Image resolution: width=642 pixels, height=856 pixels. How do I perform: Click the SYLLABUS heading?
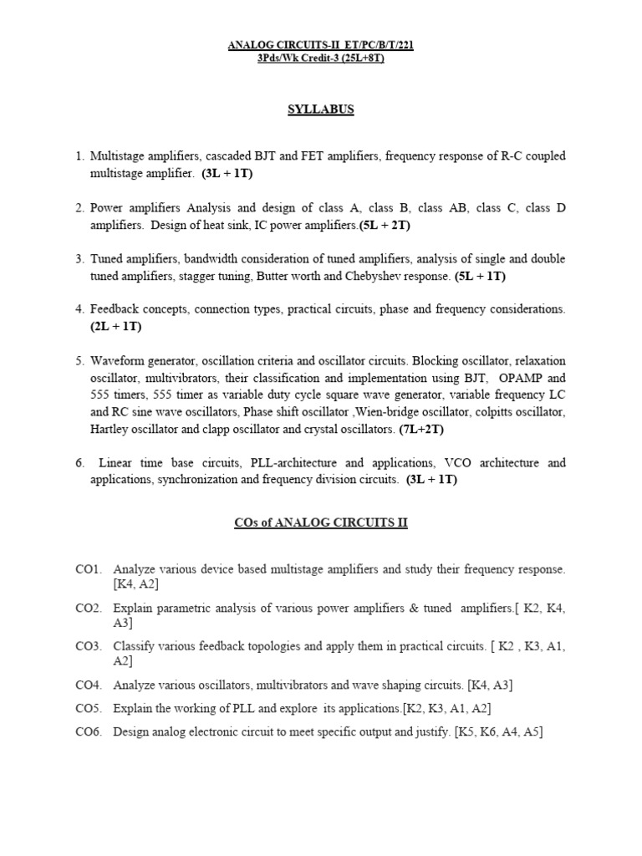(x=320, y=109)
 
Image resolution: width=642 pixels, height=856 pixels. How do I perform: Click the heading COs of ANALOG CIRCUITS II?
(x=320, y=523)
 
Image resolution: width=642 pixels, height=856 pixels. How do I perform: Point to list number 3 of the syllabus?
(x=79, y=260)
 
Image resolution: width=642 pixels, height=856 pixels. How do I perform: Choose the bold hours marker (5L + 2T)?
(x=385, y=225)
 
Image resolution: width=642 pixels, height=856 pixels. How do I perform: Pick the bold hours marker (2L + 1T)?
(x=118, y=327)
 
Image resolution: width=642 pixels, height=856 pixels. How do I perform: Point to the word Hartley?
(x=110, y=429)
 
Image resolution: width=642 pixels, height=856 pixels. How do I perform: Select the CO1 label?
(x=88, y=569)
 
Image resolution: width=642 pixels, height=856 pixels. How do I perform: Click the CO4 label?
(x=88, y=685)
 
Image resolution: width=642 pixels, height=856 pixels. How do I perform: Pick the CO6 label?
(x=88, y=732)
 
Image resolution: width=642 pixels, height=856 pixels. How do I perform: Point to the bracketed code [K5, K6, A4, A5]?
(x=498, y=732)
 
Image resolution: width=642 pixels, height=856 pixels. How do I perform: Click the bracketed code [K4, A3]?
(x=490, y=685)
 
